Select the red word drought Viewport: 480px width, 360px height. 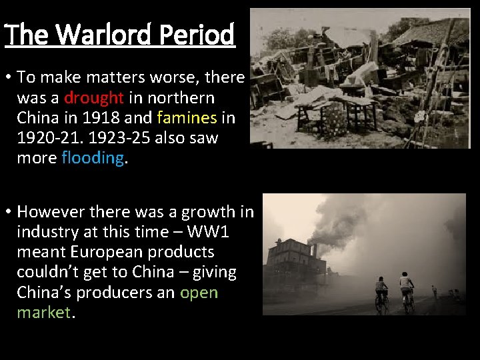click(x=94, y=98)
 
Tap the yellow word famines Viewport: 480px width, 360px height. click(x=187, y=118)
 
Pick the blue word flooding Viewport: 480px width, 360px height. click(x=92, y=158)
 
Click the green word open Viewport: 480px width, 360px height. click(x=199, y=293)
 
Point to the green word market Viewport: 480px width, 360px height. click(x=43, y=313)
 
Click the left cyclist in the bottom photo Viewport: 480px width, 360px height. click(x=381, y=293)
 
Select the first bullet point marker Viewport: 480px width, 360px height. click(x=8, y=78)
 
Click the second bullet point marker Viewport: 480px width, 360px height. click(x=8, y=212)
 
